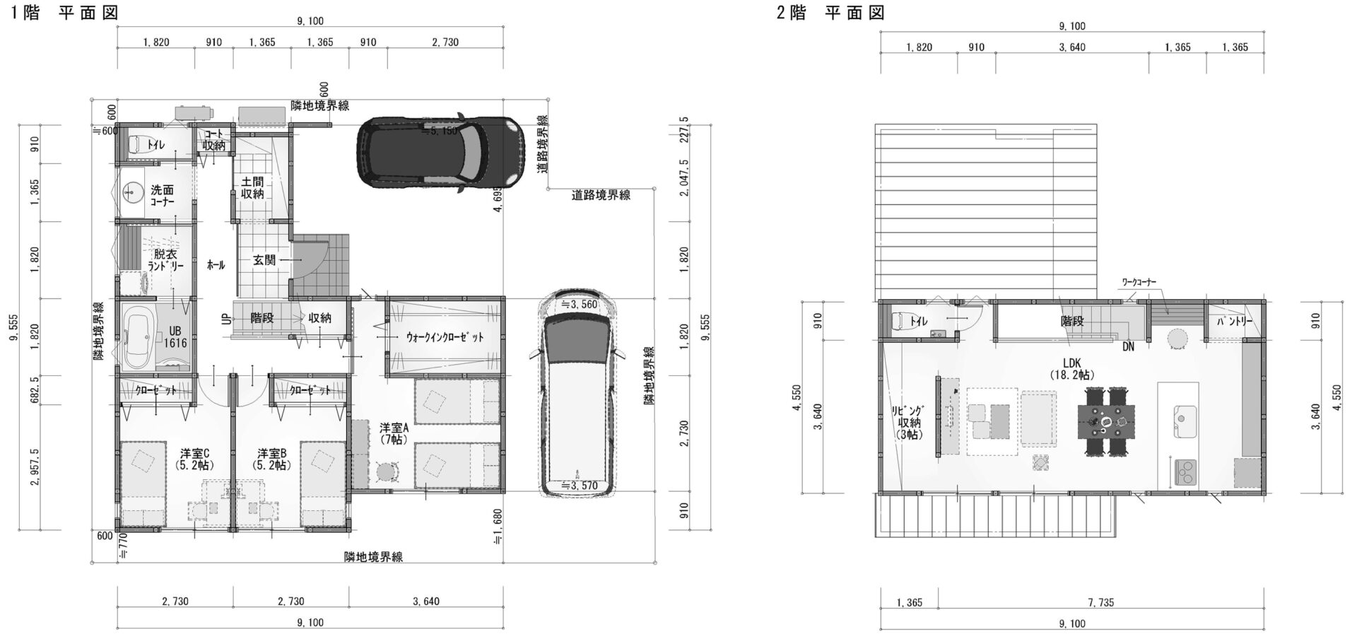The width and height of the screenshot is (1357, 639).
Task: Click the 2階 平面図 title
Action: pos(830,12)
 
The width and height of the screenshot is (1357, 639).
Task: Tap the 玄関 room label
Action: pos(264,260)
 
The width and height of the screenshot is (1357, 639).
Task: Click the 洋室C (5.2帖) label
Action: pos(194,459)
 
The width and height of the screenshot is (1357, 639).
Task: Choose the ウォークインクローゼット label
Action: pos(445,337)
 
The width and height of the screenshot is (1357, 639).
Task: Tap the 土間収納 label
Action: pos(252,187)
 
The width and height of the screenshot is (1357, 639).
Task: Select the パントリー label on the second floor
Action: pos(1234,322)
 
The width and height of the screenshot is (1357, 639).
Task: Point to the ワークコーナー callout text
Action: pos(1139,282)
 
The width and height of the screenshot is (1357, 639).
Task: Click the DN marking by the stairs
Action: pos(1128,346)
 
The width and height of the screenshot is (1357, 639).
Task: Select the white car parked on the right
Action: pos(578,393)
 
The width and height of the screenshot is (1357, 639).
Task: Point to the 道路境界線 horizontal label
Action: pos(601,195)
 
